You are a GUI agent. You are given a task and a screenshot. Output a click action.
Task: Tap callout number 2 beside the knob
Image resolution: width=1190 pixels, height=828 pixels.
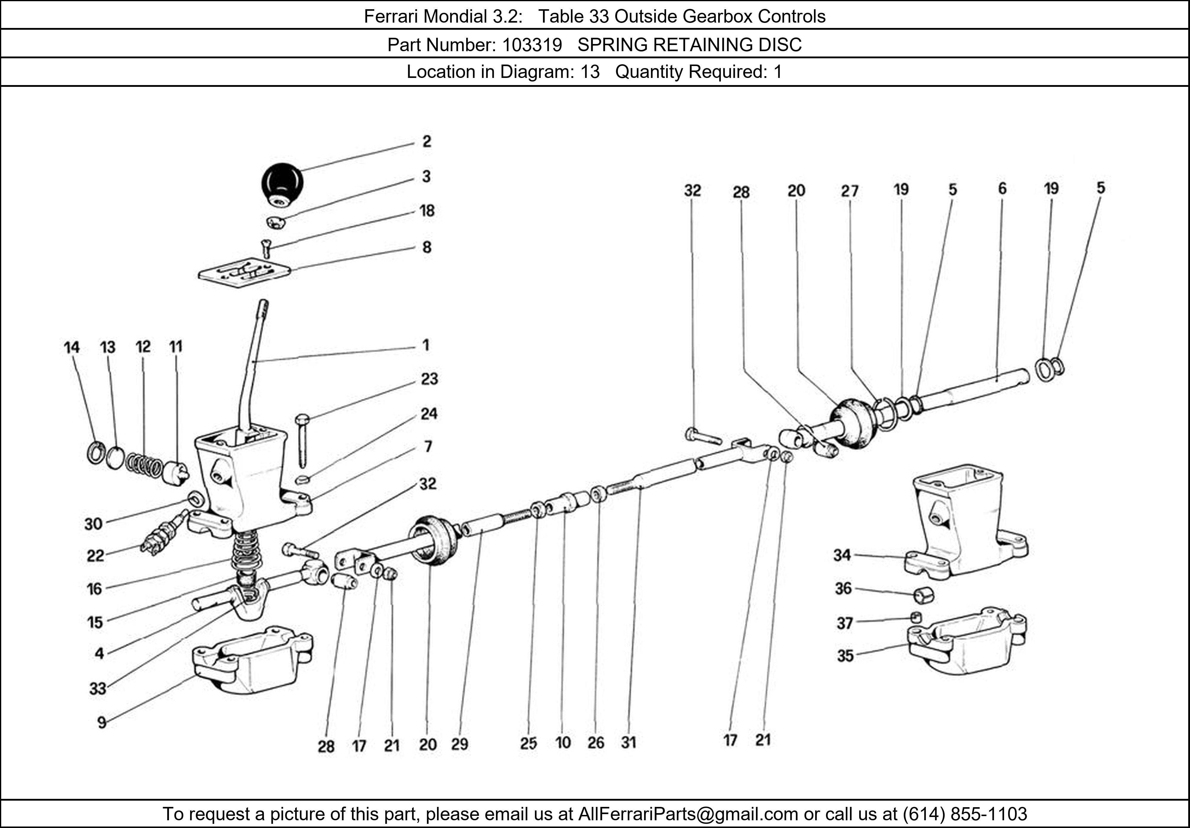click(x=427, y=142)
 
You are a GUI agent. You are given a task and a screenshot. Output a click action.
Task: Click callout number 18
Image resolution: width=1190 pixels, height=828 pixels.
click(x=427, y=211)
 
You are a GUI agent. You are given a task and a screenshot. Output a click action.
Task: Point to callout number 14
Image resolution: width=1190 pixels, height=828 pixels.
click(x=72, y=347)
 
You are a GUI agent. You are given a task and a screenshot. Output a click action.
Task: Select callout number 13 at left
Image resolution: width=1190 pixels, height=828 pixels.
click(x=108, y=347)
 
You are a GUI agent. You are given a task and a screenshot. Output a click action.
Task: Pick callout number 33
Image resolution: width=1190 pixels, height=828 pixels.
click(x=98, y=689)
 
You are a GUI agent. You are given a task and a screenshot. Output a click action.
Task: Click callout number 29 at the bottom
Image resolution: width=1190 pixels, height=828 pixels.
click(x=459, y=744)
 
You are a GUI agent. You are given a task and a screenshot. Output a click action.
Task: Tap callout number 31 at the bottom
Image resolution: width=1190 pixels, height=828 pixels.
click(x=628, y=743)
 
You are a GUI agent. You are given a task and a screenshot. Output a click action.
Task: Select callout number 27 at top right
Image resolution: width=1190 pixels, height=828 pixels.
click(x=849, y=191)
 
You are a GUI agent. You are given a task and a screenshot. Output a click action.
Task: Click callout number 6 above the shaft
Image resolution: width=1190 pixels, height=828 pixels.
click(x=1002, y=189)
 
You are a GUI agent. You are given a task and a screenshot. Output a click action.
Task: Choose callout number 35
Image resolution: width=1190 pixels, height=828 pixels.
click(x=845, y=656)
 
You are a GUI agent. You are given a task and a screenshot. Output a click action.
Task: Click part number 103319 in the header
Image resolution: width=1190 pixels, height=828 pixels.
click(x=532, y=45)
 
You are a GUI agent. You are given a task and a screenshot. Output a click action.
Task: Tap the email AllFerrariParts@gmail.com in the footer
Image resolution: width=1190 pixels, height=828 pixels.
click(x=688, y=814)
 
